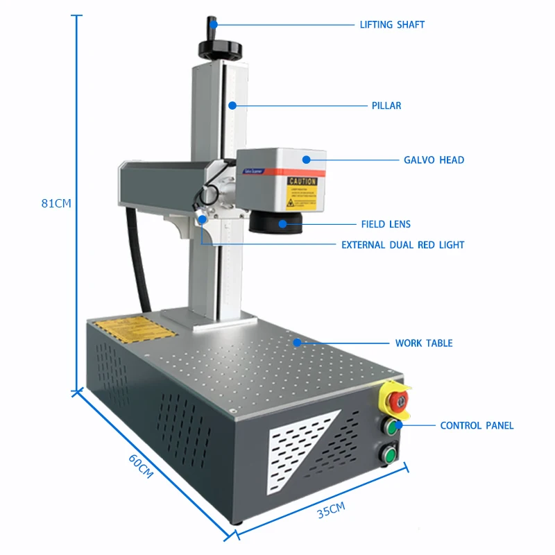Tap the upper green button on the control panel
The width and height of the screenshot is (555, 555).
click(392, 427)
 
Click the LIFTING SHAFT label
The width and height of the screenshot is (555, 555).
click(392, 24)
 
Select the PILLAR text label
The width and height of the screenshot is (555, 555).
click(386, 106)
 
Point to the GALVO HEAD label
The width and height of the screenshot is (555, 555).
click(434, 160)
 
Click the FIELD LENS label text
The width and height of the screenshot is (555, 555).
click(386, 224)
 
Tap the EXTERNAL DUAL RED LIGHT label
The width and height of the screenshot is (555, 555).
click(403, 245)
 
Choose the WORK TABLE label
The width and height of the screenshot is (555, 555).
click(424, 343)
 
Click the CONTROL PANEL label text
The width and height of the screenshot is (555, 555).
click(477, 425)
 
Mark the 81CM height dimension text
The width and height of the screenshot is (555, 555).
click(56, 203)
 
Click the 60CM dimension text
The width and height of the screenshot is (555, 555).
click(140, 466)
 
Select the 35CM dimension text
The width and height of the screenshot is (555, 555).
click(331, 511)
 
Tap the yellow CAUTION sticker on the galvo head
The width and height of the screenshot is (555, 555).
click(302, 193)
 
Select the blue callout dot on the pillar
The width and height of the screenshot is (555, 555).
click(233, 106)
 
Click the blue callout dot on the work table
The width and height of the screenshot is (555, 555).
click(297, 342)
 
